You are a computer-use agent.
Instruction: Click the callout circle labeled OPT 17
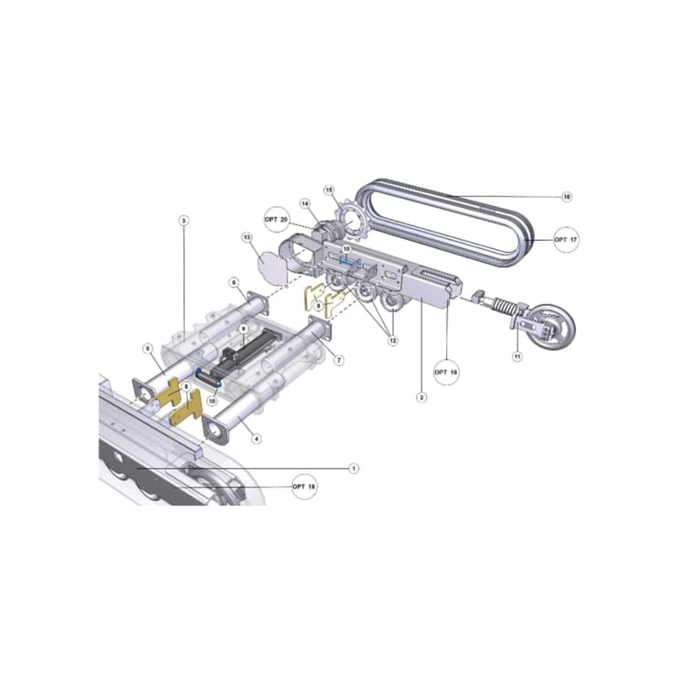click(565, 240)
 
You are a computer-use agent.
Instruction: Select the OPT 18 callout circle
click(304, 486)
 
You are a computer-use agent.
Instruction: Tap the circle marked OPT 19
click(446, 373)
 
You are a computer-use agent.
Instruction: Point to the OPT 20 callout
click(277, 219)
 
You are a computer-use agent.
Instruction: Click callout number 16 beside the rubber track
click(567, 197)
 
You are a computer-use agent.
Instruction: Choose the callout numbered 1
click(354, 468)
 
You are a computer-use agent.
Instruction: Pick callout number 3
click(183, 221)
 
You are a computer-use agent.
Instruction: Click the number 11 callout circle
click(517, 356)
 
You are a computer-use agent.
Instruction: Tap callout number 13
click(246, 237)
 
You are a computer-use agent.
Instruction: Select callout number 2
click(421, 397)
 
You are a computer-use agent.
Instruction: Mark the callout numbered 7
click(338, 361)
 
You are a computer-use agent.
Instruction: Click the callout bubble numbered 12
click(393, 341)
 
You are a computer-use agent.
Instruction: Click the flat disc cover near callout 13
click(272, 268)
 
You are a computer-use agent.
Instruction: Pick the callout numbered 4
click(256, 439)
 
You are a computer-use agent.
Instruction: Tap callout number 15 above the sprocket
click(328, 191)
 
